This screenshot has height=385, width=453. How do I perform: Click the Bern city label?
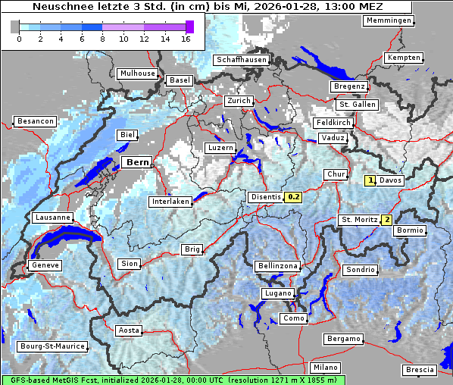[137, 162]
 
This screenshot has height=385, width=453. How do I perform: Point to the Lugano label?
[276, 293]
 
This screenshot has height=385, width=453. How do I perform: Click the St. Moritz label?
[358, 220]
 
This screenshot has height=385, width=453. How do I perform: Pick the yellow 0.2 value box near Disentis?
[294, 197]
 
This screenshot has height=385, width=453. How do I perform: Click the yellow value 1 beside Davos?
[370, 180]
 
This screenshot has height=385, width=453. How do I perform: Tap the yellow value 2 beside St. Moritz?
[386, 220]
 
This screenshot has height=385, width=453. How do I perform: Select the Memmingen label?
[388, 20]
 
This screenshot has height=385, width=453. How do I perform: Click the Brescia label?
[419, 369]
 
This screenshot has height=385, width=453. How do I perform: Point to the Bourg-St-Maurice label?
[52, 346]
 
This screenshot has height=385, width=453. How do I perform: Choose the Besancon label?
[35, 121]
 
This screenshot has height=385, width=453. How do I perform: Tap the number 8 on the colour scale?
[102, 39]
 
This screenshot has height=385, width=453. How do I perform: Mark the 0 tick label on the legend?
[18, 39]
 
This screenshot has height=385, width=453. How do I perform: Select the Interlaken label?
[170, 202]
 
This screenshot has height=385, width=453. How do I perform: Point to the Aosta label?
[128, 330]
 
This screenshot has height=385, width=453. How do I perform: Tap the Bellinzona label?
[277, 266]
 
